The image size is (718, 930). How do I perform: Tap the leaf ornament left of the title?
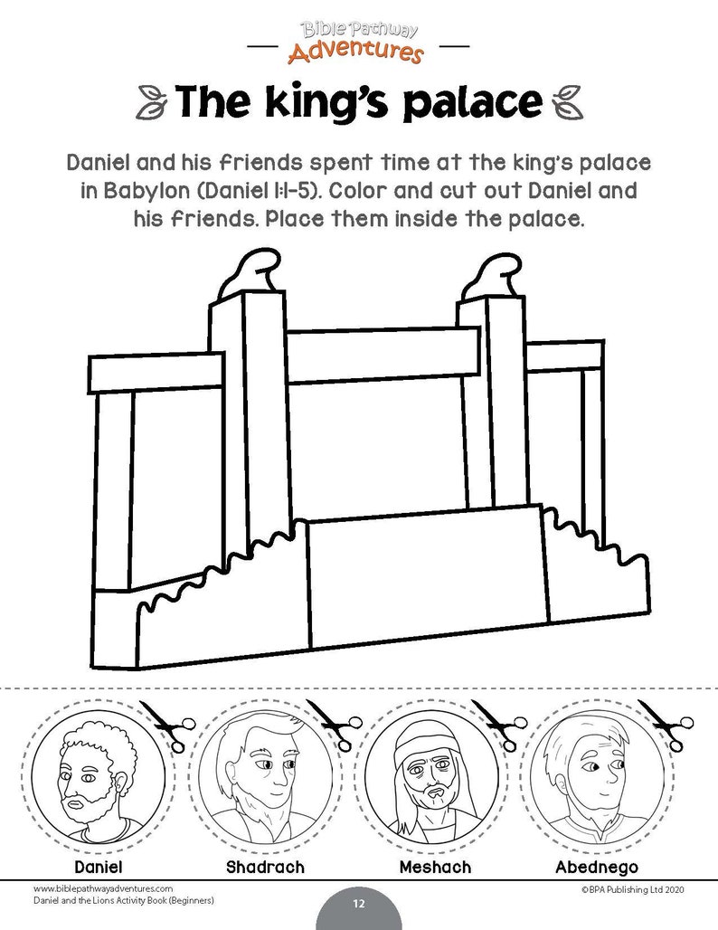[149, 101]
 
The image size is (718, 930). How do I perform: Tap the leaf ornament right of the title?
[568, 101]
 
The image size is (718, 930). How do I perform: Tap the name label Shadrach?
[264, 868]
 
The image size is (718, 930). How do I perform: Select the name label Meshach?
[434, 868]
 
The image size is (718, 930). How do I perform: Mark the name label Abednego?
[597, 868]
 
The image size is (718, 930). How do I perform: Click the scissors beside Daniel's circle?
[172, 724]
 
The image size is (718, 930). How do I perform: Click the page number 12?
[358, 905]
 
